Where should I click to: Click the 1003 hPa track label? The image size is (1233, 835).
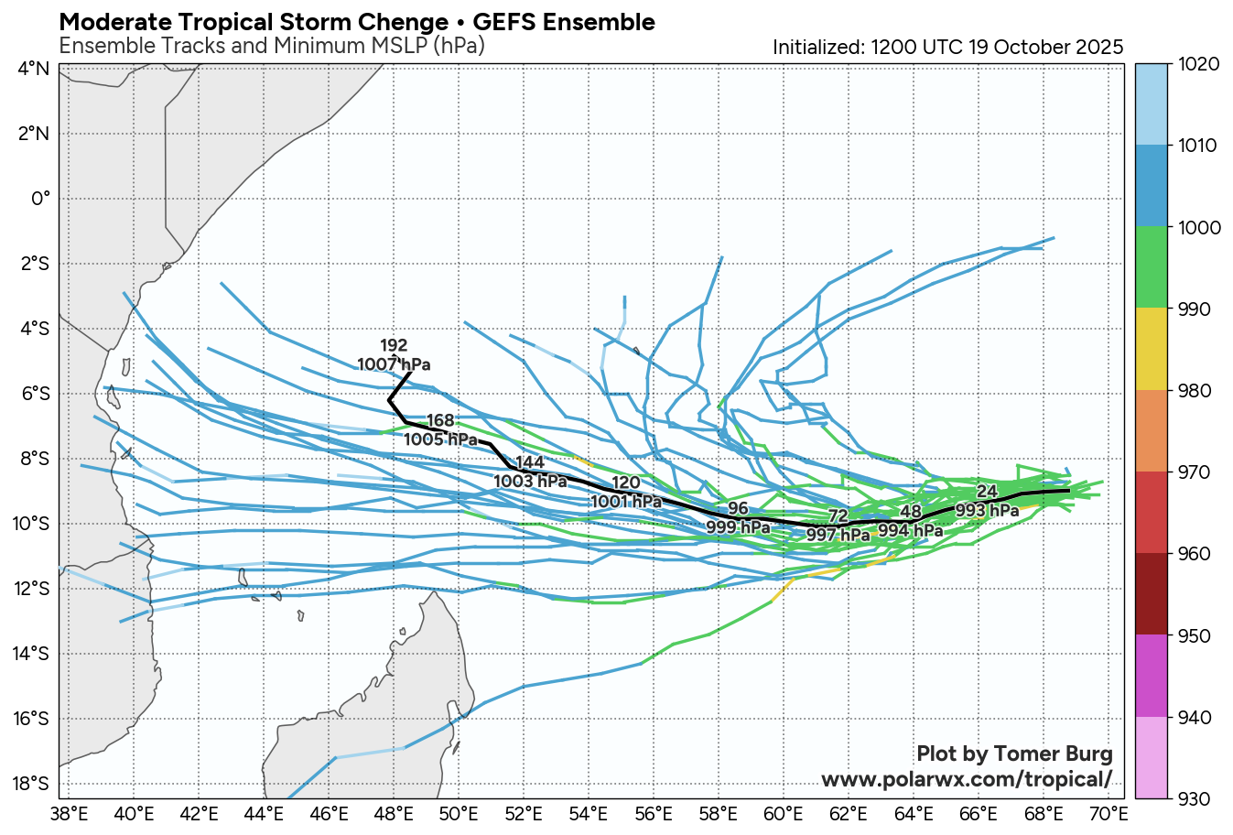pos(530,481)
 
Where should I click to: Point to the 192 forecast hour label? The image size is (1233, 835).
pos(394,345)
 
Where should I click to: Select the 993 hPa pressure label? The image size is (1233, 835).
pos(987,510)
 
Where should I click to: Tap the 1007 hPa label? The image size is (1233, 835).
pos(394,364)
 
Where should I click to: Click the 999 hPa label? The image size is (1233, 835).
pos(738,527)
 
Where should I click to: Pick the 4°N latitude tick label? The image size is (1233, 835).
pos(34,69)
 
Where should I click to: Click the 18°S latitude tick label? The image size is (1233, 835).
pos(33,784)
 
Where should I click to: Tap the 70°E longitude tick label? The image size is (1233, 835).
pos(1108,812)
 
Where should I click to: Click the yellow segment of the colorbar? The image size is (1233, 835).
pos(1152,349)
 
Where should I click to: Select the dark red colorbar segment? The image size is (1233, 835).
pos(1152,593)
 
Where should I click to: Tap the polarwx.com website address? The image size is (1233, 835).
pos(967,779)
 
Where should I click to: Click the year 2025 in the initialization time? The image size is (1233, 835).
pos(1098,48)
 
